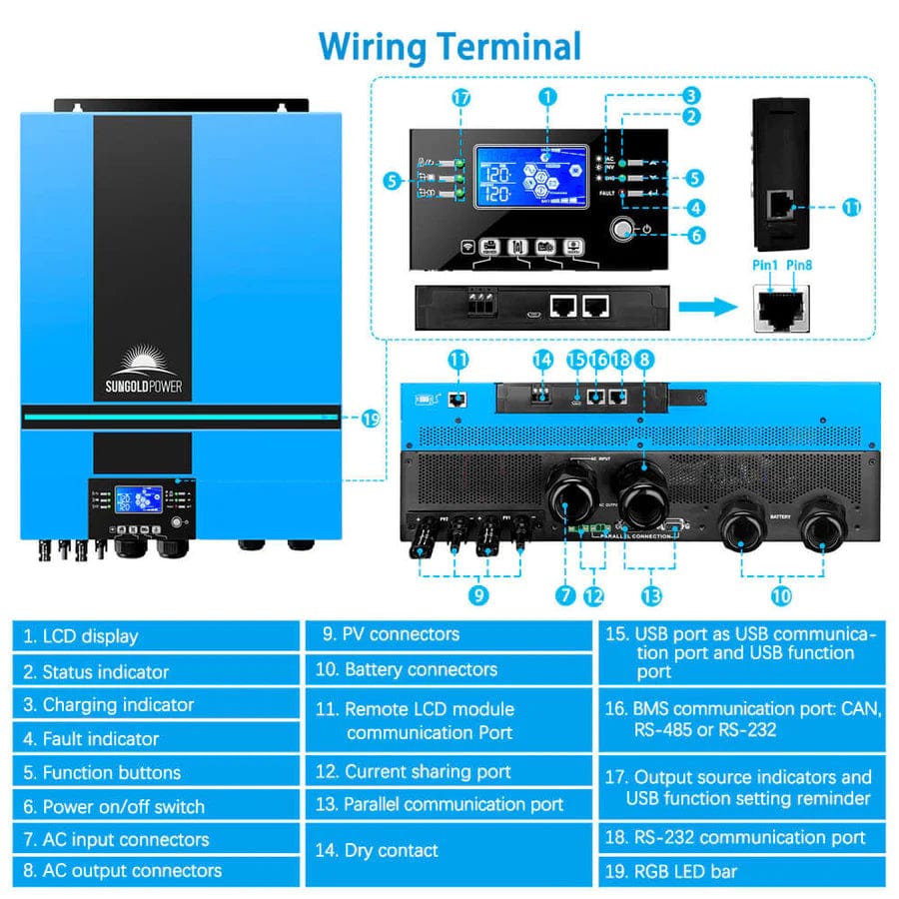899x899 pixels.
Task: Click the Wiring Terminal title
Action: click(449, 46)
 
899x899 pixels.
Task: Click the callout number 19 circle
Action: click(371, 420)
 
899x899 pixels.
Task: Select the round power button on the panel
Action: click(624, 232)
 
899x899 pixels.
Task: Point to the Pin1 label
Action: click(764, 265)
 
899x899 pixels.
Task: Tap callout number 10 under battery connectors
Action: click(781, 596)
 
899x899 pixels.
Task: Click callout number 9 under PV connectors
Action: click(478, 595)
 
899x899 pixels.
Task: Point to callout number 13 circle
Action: click(652, 596)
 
